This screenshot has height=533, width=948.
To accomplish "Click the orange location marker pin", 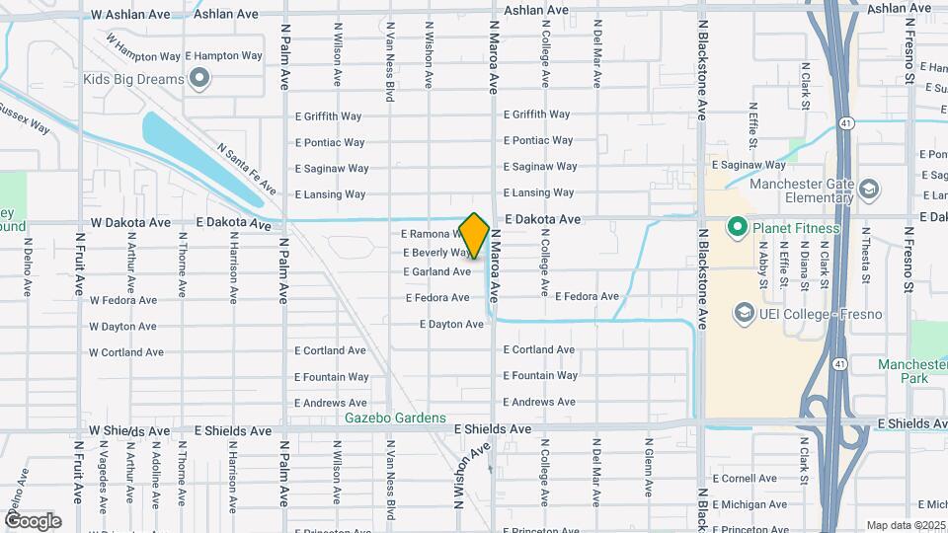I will tap(475, 236).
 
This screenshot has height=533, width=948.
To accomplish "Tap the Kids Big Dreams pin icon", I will tap(200, 79).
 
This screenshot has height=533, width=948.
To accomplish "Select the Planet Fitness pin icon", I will tap(737, 229).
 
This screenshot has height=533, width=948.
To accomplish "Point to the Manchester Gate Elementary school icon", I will tap(869, 190).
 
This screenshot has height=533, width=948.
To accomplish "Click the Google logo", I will tap(34, 520).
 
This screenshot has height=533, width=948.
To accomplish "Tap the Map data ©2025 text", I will tap(906, 525).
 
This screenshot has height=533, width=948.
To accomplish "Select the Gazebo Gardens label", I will tap(395, 419).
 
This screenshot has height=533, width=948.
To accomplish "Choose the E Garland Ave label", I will tap(436, 271).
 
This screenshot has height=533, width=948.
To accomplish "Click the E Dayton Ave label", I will tap(451, 324).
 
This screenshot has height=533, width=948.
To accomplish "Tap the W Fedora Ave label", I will tap(122, 300).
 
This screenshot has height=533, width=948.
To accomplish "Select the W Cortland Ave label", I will tap(126, 352).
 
